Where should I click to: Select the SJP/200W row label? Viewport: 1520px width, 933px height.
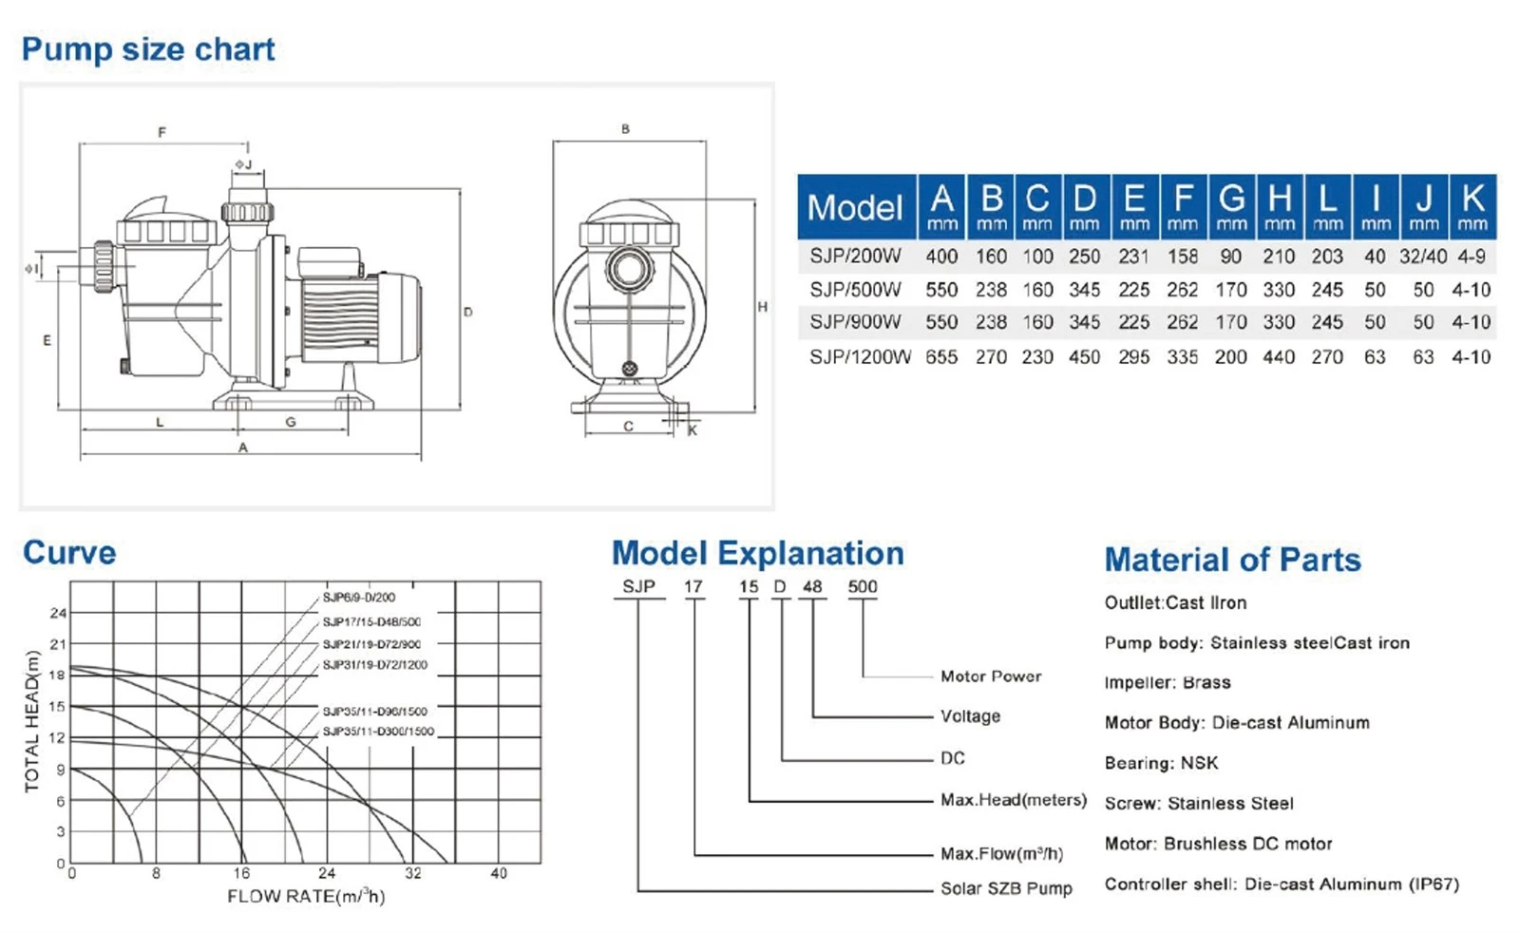[855, 257]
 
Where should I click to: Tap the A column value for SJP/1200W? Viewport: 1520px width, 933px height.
[941, 357]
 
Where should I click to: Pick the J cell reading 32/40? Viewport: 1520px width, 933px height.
[1423, 257]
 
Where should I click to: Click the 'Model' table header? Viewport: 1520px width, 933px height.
[855, 207]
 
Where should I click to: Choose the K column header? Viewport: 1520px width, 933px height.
[1472, 207]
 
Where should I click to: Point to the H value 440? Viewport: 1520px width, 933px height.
[1279, 357]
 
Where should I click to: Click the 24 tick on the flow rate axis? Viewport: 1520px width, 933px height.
[327, 873]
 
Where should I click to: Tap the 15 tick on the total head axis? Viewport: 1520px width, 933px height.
[58, 706]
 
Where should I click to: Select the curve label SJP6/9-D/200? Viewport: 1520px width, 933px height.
[358, 598]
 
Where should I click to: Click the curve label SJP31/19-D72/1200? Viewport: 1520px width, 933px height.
[374, 665]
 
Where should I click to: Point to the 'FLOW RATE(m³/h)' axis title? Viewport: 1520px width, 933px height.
[306, 896]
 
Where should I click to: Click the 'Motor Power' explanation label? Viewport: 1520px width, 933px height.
[991, 676]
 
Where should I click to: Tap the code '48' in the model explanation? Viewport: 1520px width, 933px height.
[812, 587]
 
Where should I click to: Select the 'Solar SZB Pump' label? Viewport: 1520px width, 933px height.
[1006, 889]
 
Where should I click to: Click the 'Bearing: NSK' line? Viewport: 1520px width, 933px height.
[1161, 763]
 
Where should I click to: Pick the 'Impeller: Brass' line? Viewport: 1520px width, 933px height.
[1168, 682]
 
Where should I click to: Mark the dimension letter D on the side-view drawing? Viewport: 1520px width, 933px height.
[467, 313]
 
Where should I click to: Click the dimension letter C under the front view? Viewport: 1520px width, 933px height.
[628, 427]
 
